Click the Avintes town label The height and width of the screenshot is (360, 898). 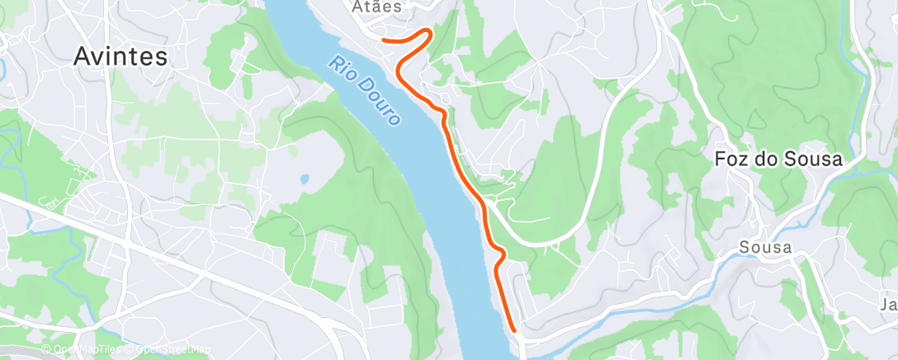pos(120,56)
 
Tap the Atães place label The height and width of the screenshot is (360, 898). pos(376,7)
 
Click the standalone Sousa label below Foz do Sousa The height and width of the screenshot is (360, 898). pos(765,248)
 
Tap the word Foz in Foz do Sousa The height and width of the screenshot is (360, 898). pos(729,160)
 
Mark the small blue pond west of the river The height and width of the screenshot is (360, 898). pos(305,178)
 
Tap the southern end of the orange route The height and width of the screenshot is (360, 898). pos(514,330)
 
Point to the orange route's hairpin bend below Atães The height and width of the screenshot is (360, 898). pos(428,32)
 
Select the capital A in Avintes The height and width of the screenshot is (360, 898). pos(81,56)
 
